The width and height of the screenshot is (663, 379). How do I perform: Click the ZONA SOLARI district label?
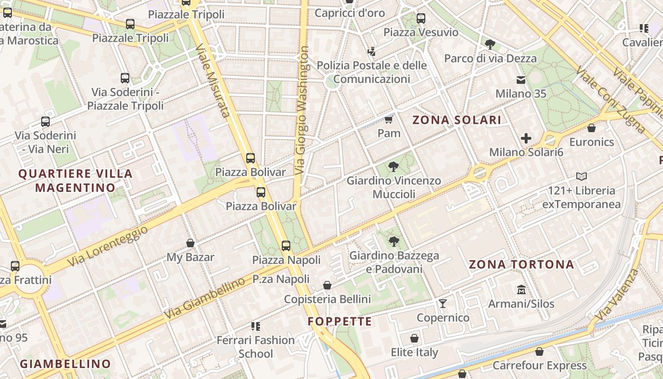pyautogui.click(x=457, y=120)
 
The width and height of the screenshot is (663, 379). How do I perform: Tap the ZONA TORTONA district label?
pyautogui.click(x=521, y=264)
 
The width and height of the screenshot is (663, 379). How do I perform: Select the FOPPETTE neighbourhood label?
pyautogui.click(x=340, y=322)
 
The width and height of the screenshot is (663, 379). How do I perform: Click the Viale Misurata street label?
pyautogui.click(x=213, y=80)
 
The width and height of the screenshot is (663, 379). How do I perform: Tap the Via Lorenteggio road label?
pyautogui.click(x=108, y=245)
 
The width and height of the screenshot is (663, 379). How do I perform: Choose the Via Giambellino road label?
pyautogui.click(x=205, y=298)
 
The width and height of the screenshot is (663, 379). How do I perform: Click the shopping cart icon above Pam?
pyautogui.click(x=389, y=119)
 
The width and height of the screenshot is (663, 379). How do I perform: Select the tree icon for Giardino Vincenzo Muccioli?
pyautogui.click(x=393, y=166)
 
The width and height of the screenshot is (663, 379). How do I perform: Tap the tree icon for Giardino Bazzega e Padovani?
pyautogui.click(x=394, y=242)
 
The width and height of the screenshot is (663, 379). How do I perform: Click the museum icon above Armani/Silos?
pyautogui.click(x=521, y=289)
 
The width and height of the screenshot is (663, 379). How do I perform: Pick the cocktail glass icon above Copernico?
pyautogui.click(x=443, y=303)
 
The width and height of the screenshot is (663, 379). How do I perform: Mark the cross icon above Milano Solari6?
pyautogui.click(x=526, y=138)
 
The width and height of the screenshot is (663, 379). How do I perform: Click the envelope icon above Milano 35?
pyautogui.click(x=521, y=80)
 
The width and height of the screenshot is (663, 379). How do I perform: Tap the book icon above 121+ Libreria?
pyautogui.click(x=582, y=177)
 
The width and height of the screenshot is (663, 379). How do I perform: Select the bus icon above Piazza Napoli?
pyautogui.click(x=286, y=245)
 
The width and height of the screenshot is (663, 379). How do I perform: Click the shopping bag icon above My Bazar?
pyautogui.click(x=190, y=243)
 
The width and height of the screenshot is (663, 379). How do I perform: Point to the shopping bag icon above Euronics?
pyautogui.click(x=591, y=128)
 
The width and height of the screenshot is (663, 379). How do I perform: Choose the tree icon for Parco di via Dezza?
pyautogui.click(x=490, y=45)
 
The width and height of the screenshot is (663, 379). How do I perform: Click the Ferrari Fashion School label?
pyautogui.click(x=256, y=347)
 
